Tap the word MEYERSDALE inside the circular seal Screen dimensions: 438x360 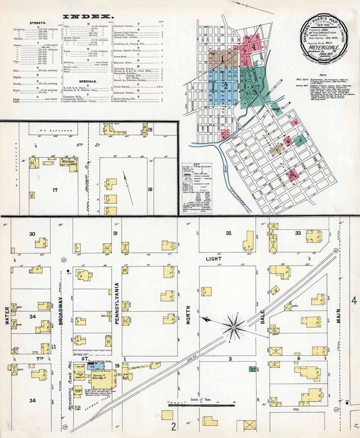(322, 47)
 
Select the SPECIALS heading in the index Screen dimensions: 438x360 (88, 81)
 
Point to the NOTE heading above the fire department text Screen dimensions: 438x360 (323, 75)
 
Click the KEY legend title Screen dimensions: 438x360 (197, 165)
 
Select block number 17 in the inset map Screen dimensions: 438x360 (55, 190)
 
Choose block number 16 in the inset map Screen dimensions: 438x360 (150, 189)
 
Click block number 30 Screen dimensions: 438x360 (32, 234)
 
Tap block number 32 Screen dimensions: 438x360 (229, 233)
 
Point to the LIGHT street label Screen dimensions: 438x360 (214, 259)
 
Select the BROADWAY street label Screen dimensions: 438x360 (61, 311)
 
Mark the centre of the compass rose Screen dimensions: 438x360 (233, 327)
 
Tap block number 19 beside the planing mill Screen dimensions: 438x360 (117, 366)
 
